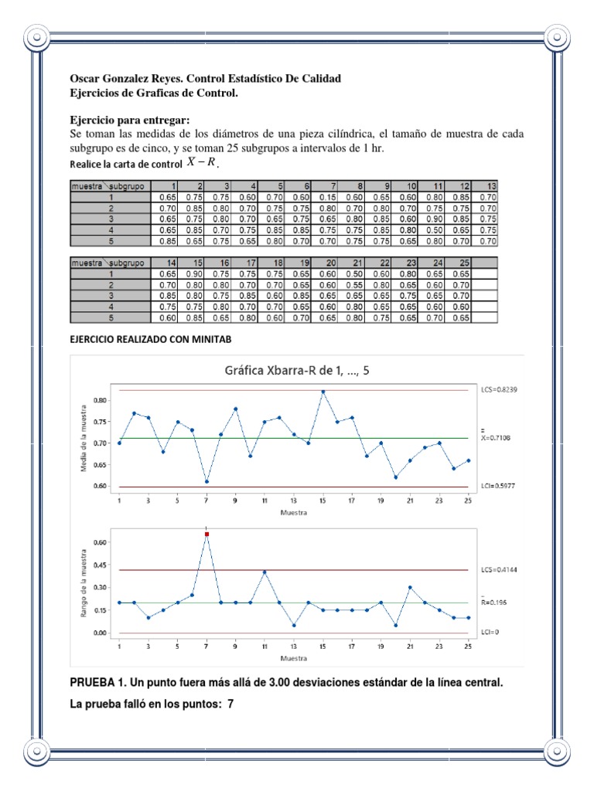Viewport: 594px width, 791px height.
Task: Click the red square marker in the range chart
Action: coord(207,534)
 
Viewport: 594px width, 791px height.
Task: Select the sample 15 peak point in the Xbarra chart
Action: coord(323,392)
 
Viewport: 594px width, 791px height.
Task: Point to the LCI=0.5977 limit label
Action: coord(497,487)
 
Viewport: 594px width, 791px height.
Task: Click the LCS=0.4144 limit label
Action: coord(497,569)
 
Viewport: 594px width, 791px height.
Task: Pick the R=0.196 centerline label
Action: coord(495,601)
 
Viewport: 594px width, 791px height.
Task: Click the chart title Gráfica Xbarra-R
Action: coord(296,370)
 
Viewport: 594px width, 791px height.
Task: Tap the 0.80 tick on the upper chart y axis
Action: coord(99,400)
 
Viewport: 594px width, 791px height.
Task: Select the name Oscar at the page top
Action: coord(85,80)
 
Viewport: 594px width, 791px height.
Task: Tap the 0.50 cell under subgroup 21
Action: coord(354,273)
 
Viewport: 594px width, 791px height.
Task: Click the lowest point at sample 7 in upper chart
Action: coord(207,481)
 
